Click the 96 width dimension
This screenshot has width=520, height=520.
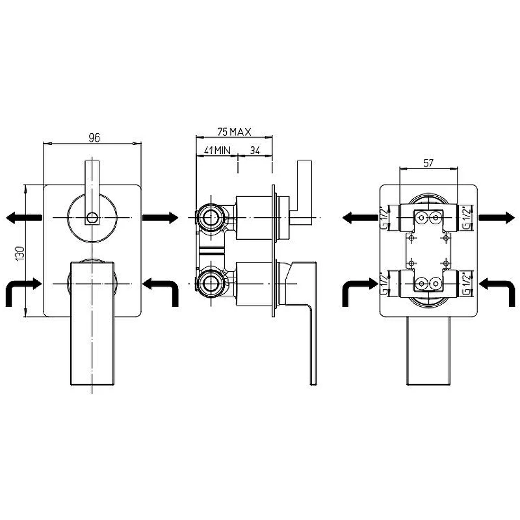coord(94,138)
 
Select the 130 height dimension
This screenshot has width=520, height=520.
coord(20,253)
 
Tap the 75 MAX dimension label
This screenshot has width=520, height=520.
coord(234,132)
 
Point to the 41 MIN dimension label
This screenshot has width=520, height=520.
coord(217,150)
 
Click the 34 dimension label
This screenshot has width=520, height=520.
coord(255,150)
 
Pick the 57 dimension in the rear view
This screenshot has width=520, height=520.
coord(428,163)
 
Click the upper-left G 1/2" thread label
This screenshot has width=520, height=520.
coord(384,218)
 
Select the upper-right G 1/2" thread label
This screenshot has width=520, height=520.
coord(467,218)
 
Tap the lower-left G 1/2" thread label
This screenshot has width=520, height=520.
coord(384,283)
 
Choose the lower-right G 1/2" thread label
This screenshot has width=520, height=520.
coord(467,283)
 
